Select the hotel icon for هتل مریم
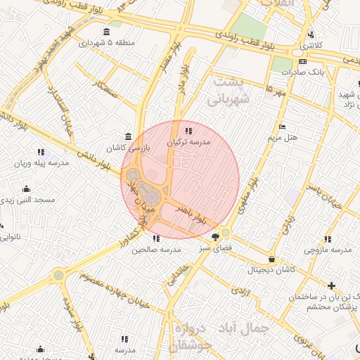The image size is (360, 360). [283, 127]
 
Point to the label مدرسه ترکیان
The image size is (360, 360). [188, 142]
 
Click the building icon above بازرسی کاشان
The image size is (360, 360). [127, 136]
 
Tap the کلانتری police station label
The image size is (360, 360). [311, 45]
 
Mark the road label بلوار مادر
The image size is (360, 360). [184, 79]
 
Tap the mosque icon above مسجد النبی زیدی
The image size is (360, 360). [26, 188]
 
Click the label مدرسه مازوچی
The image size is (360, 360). [328, 250]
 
